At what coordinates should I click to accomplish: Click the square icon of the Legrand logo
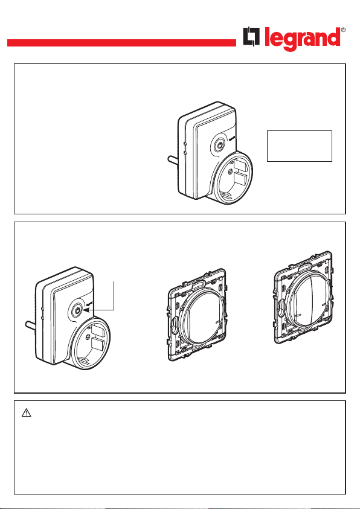click(x=251, y=36)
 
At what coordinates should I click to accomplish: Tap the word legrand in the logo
click(x=303, y=39)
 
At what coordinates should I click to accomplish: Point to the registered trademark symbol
click(x=344, y=30)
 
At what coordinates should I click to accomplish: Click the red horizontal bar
click(x=121, y=43)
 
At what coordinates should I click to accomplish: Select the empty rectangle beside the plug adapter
click(x=300, y=146)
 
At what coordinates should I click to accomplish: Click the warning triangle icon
click(x=27, y=412)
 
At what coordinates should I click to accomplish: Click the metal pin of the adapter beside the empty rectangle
click(x=173, y=161)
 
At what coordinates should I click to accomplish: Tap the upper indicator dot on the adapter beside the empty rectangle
click(x=184, y=143)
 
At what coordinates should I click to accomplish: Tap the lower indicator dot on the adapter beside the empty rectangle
click(x=184, y=152)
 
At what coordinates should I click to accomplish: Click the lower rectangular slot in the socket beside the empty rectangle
click(x=240, y=179)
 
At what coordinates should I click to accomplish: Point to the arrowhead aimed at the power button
click(x=86, y=310)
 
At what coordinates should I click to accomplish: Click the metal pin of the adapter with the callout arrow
click(x=31, y=325)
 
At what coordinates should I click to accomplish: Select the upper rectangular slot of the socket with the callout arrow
click(x=97, y=330)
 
